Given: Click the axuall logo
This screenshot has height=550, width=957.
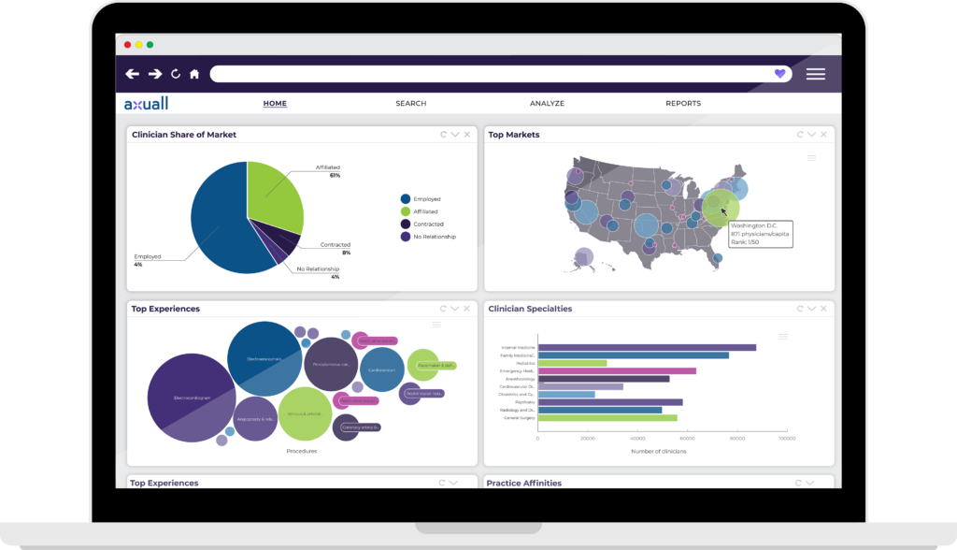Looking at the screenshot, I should [x=146, y=103].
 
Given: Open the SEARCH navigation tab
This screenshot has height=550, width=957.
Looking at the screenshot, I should [x=410, y=104].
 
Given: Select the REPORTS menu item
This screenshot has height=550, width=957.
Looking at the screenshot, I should [x=682, y=104].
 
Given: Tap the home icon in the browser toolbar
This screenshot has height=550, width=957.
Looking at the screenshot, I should [x=194, y=74].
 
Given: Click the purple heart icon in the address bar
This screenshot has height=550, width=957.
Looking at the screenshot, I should [x=780, y=74].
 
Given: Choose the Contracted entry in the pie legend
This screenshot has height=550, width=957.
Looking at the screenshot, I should [x=428, y=224].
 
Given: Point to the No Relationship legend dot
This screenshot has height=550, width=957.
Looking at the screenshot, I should [x=406, y=237].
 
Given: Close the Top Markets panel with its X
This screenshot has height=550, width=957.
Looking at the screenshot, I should [x=823, y=135].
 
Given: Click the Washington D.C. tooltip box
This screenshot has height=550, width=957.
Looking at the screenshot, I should [x=760, y=234].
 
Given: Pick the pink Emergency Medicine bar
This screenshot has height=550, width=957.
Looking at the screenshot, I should [x=617, y=370].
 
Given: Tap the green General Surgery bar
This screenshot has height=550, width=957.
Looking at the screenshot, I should [x=607, y=418].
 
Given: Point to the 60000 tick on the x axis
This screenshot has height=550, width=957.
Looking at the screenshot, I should [x=687, y=438].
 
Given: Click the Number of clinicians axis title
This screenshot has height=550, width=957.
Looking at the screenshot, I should [x=660, y=452].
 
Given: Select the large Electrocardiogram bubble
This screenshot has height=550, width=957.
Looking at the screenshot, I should [x=190, y=397].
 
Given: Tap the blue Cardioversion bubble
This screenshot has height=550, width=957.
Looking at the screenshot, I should [x=381, y=369].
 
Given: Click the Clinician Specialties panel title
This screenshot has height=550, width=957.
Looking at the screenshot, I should [x=530, y=309].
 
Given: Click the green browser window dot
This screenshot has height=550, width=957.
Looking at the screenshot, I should [x=150, y=45].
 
